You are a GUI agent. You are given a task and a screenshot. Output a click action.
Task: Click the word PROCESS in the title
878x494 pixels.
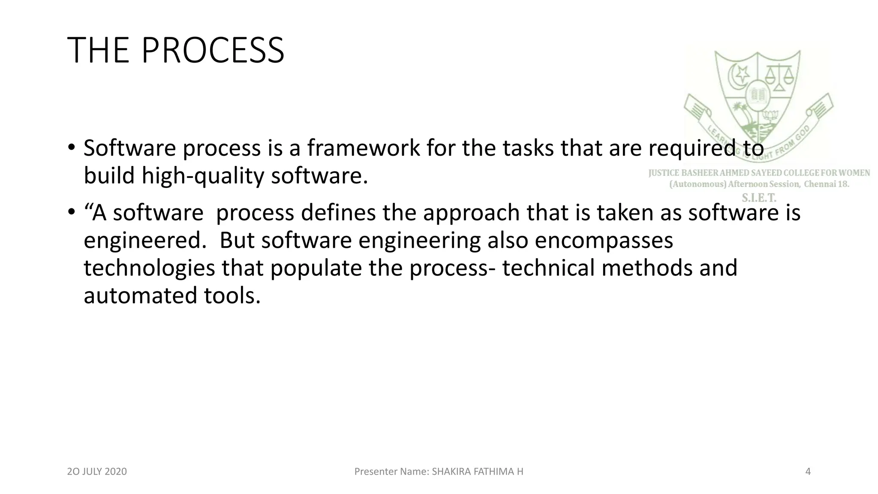212,51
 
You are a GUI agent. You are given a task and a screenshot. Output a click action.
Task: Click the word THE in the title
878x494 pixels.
98,51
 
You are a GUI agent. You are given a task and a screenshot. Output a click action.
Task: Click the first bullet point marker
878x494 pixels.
71,147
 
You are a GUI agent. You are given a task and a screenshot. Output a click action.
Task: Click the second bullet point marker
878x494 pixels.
71,212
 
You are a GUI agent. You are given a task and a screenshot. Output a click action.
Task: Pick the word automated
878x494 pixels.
140,296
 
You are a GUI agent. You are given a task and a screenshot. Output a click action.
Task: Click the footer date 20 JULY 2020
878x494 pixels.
97,472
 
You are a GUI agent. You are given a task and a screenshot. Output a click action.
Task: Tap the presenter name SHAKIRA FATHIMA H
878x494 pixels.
477,472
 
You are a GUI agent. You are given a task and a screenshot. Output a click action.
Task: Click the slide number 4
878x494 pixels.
808,472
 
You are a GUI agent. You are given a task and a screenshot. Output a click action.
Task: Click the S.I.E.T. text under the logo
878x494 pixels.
759,198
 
